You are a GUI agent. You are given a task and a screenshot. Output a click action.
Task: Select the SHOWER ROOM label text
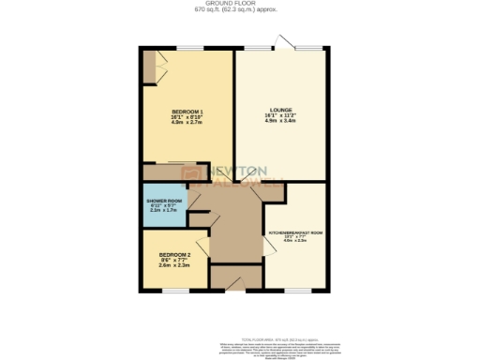162,202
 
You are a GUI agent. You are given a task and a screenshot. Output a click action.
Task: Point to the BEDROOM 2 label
174,255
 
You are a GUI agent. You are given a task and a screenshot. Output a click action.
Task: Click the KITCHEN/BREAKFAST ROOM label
296,232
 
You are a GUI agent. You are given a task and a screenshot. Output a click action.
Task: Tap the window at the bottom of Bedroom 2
174,290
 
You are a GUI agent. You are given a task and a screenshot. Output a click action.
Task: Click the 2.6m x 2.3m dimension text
174,266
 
